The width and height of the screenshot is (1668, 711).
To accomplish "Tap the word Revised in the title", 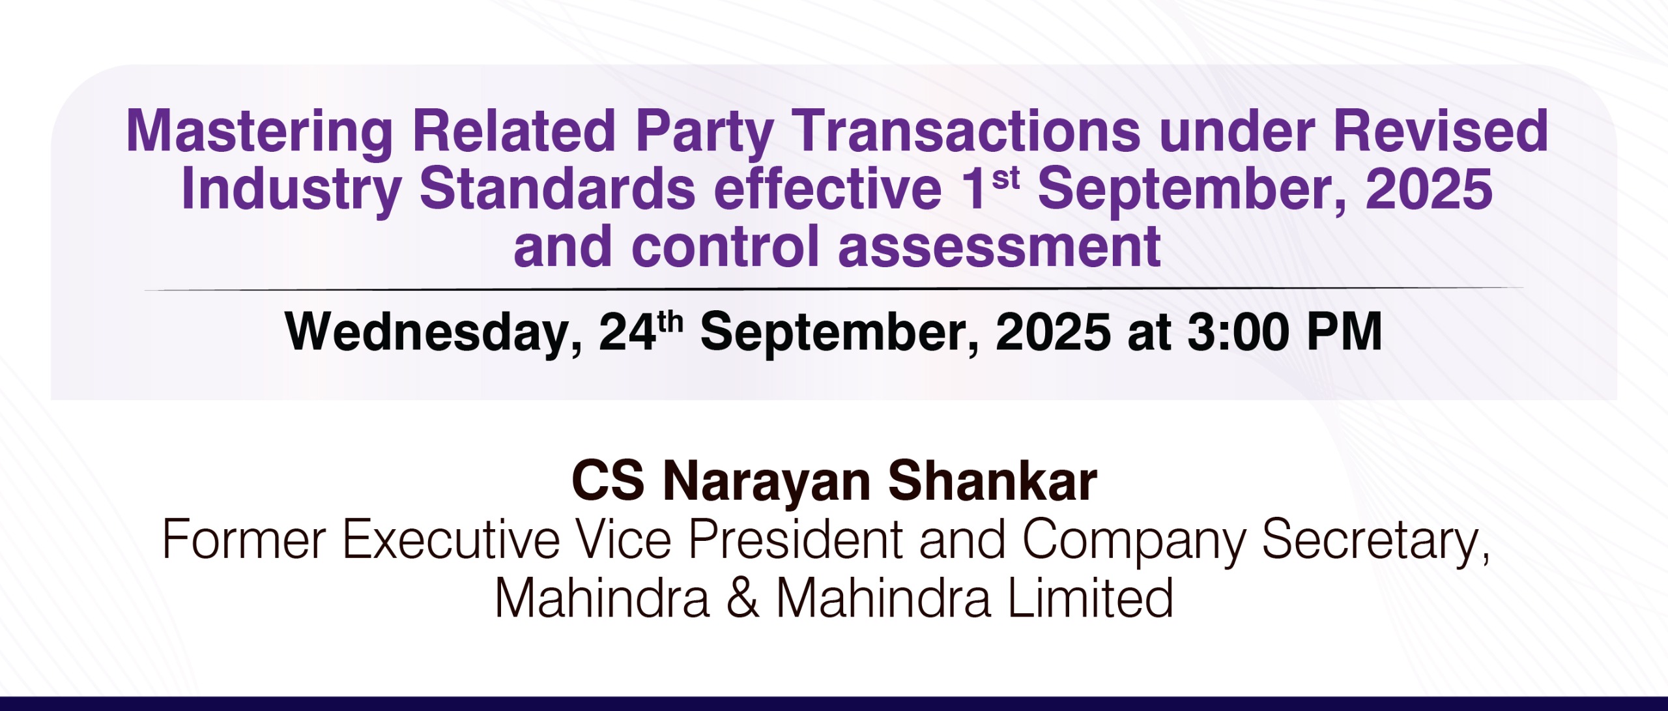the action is (x=1441, y=131).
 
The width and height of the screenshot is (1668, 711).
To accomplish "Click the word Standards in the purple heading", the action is (x=557, y=188).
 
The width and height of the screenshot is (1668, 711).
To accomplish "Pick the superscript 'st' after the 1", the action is (x=1005, y=178).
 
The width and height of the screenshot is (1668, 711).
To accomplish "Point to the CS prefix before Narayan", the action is (x=608, y=482).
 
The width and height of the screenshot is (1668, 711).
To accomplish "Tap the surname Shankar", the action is (x=993, y=482).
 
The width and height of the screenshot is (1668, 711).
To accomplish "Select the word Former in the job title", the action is (x=244, y=540).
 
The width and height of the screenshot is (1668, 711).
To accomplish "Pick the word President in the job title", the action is (x=796, y=539).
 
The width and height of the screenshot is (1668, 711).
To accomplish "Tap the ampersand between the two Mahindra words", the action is (x=743, y=598).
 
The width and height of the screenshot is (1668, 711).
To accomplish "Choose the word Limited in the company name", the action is (x=1091, y=598).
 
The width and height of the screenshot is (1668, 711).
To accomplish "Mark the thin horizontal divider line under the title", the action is (x=833, y=288).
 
